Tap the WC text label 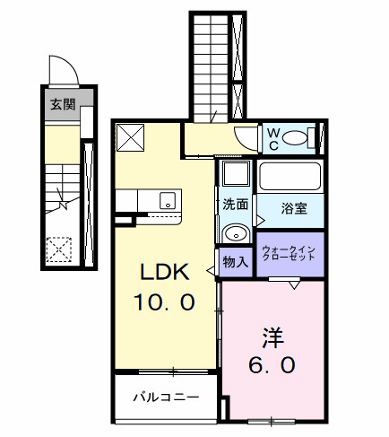[273, 138]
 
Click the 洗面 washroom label [236, 204]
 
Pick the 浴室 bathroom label [295, 209]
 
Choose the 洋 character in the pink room [272, 337]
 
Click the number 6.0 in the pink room [272, 366]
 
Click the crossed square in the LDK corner [132, 137]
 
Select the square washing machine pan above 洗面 [237, 174]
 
